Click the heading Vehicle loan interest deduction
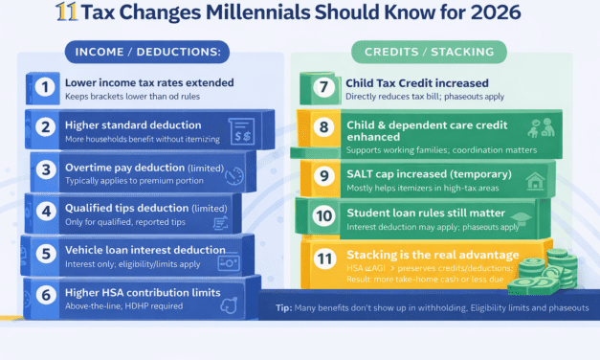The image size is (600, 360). click(144, 250)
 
